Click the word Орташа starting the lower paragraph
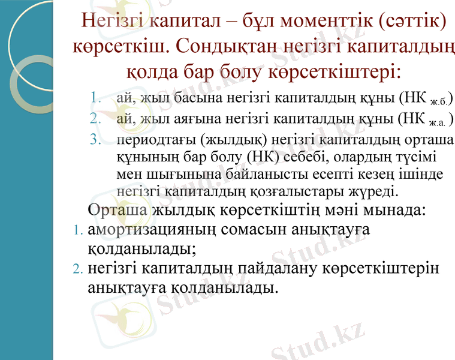117,211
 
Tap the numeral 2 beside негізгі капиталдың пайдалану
76,269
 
